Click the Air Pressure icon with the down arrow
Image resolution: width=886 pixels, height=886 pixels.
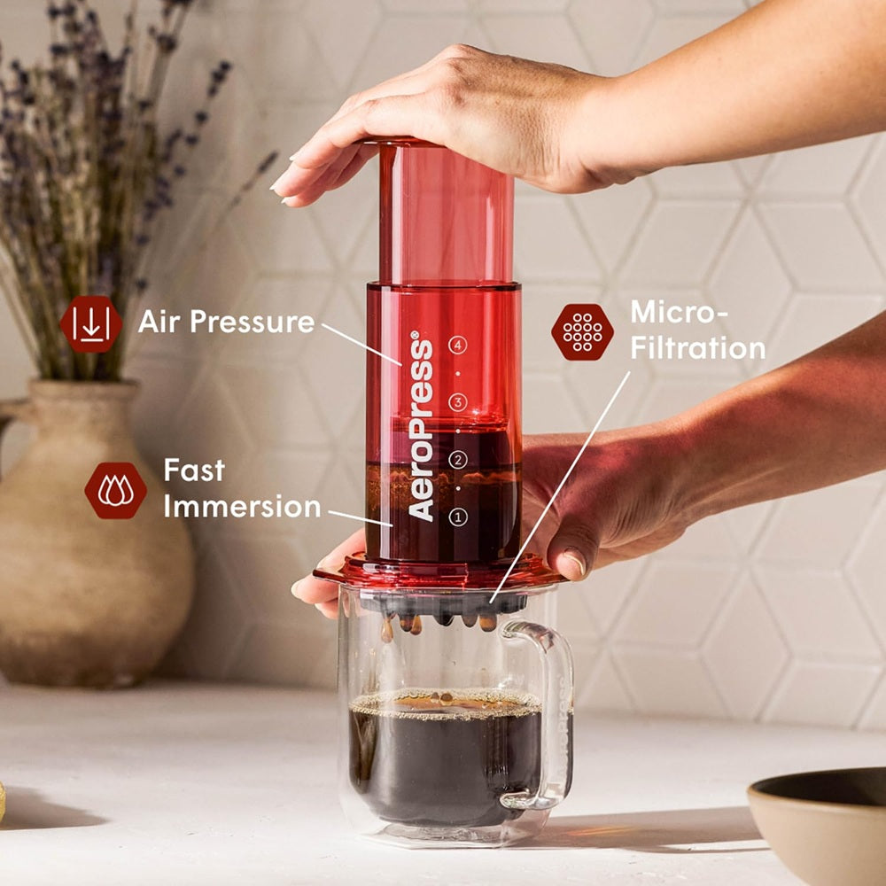[90, 324]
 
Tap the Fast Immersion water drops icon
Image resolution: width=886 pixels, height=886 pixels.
[115, 490]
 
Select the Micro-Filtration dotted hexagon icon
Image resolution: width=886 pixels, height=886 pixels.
[582, 331]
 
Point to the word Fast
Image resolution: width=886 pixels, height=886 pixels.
[194, 470]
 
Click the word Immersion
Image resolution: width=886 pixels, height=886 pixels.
[242, 507]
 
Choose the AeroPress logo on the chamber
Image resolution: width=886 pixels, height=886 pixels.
[422, 425]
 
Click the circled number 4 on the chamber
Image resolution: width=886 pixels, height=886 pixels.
[457, 346]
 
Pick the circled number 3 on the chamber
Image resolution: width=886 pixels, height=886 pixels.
[457, 402]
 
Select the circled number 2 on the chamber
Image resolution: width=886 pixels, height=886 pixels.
[457, 459]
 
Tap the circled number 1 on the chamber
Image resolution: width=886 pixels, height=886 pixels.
[457, 517]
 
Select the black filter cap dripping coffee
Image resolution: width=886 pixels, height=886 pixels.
[443, 605]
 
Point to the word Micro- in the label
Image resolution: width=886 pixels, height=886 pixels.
[678, 312]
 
